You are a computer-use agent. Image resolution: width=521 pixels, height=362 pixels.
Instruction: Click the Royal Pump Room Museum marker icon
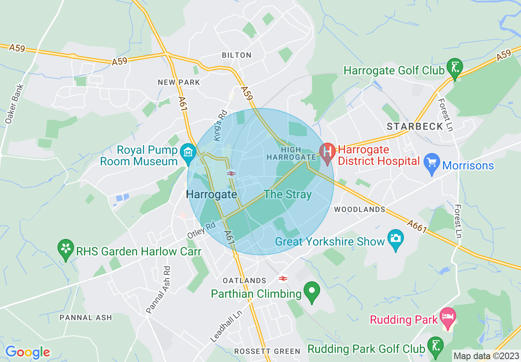[x=188, y=153]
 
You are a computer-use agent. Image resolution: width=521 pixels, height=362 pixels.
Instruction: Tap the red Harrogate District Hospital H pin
[x=327, y=152]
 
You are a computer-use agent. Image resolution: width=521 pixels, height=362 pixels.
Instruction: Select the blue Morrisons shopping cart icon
[x=431, y=162]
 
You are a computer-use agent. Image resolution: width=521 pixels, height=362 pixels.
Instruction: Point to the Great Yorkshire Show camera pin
[x=395, y=238]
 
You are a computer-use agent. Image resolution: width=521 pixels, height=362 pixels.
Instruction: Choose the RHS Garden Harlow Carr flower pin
[x=65, y=248]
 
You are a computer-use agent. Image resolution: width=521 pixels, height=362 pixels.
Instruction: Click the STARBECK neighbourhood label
[x=415, y=126]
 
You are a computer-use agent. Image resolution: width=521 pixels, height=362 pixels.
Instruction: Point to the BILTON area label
[x=236, y=55]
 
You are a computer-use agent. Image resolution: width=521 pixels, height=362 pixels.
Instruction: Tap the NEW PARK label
[x=179, y=82]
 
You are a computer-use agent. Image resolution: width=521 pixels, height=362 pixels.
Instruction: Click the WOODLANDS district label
[x=360, y=209]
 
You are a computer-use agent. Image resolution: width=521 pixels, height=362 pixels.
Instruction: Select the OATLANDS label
[x=244, y=281]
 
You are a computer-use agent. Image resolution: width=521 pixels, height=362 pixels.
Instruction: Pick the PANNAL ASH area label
[x=85, y=318]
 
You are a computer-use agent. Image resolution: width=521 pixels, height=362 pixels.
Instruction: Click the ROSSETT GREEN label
[x=267, y=351]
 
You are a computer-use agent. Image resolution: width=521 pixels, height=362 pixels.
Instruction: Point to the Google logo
[x=28, y=352]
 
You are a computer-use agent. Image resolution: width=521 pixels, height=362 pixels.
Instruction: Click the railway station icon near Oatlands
[x=283, y=279]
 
